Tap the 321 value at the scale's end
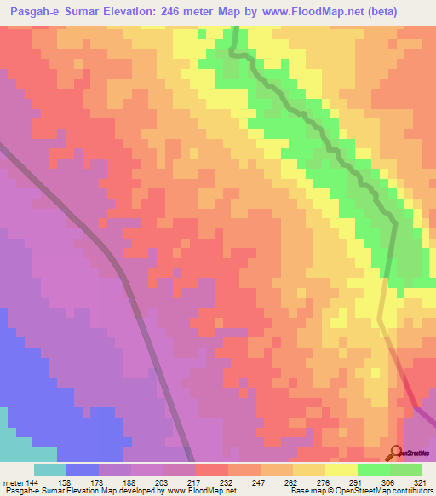click(x=419, y=482)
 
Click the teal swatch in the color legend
click(x=50, y=470)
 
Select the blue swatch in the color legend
click(x=83, y=470)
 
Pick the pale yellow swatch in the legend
click(x=341, y=470)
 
